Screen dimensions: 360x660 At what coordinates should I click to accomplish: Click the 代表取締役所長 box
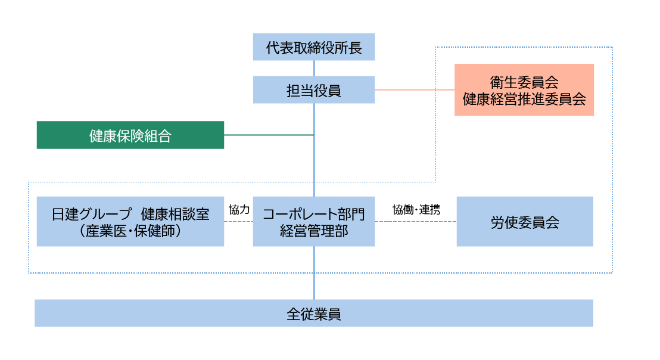pos(314,47)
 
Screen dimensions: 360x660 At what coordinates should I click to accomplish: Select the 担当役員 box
pos(314,90)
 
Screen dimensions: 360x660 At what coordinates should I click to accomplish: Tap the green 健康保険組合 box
pos(130,135)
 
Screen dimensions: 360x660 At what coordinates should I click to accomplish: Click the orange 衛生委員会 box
pos(524,90)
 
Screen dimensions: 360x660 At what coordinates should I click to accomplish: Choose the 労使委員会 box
pos(525,222)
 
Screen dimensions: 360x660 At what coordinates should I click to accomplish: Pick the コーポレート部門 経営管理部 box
pos(314,222)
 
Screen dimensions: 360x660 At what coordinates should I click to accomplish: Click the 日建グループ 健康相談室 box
pos(130,222)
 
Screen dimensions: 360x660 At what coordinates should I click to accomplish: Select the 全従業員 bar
pos(314,314)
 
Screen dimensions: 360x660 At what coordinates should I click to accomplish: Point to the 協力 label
pos(238,210)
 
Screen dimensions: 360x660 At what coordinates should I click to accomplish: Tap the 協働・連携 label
pos(416,210)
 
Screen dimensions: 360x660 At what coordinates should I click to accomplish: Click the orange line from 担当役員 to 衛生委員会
pos(415,90)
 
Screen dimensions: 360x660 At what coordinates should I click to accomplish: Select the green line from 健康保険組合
pos(269,135)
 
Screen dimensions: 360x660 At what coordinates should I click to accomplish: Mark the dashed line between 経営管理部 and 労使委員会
pos(416,222)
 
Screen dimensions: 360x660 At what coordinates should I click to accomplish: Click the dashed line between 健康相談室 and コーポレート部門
pos(238,222)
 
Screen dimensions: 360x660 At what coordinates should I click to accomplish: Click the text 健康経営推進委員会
pos(524,99)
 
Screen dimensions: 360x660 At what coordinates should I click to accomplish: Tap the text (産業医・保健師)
pos(130,231)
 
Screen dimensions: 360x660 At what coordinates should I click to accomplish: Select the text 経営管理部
pos(314,231)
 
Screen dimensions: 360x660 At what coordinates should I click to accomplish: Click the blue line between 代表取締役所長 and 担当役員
pos(314,68)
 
